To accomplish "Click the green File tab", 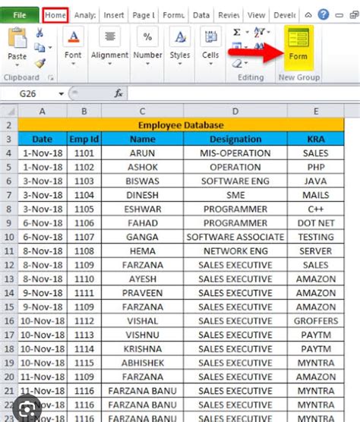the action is click(20, 14).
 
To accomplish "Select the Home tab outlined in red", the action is click(55, 14).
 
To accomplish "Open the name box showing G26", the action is click(34, 93).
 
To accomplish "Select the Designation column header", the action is click(235, 139).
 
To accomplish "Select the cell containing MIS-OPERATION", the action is click(235, 153).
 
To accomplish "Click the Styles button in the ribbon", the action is click(180, 46).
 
